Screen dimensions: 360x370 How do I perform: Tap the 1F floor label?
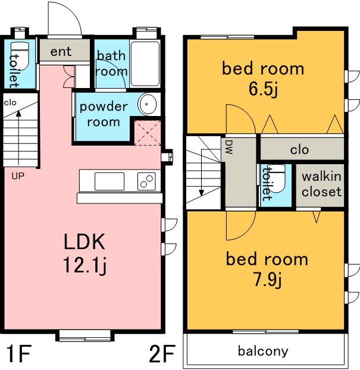coord(18,353)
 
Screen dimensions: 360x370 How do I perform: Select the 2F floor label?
coord(162,353)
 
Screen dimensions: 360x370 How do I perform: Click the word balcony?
coord(263,352)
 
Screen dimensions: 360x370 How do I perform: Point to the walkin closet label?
coord(321,184)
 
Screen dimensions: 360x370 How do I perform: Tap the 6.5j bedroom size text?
coord(263,89)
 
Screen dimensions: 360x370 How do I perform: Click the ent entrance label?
coord(61,51)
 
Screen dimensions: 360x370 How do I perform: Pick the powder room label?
coord(104,114)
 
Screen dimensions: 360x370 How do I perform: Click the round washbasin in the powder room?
coord(147,104)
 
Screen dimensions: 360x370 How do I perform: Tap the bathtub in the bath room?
coord(145,64)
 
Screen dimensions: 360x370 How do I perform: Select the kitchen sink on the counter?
coord(109,181)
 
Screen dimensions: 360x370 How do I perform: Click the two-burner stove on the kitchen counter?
coord(146,181)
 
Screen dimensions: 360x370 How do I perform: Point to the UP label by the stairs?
coord(18,176)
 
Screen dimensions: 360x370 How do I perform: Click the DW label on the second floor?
coord(229,148)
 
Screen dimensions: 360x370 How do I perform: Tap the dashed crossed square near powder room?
coord(148,133)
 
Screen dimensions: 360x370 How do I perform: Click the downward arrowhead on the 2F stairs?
coord(201,193)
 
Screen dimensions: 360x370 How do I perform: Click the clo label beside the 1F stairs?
coord(10,103)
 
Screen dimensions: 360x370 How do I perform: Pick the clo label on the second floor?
coord(299,150)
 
